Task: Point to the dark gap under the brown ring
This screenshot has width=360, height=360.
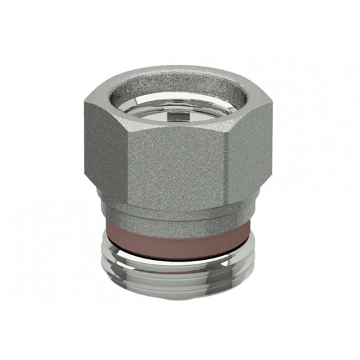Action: (x=180, y=243)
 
